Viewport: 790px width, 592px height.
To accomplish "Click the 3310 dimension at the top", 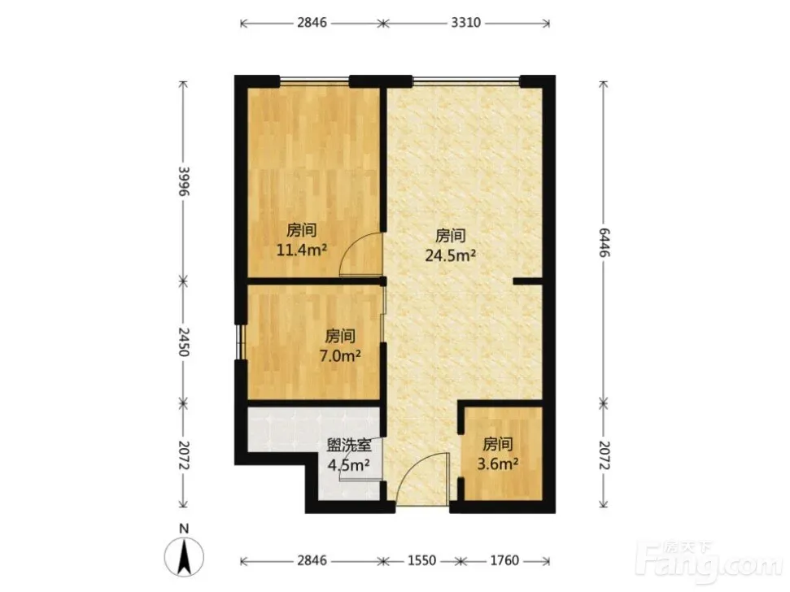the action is point(465,23).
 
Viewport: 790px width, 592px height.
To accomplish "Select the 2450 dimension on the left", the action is point(185,342).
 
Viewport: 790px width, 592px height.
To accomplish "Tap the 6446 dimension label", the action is point(604,242).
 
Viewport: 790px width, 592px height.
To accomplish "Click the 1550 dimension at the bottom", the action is point(421,560).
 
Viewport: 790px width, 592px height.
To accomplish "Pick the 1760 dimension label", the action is point(504,560).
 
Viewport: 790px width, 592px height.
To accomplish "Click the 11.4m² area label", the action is point(302,250).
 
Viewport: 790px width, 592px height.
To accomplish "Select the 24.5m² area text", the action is point(451,255).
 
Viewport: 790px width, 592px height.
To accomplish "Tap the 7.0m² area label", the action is point(340,356).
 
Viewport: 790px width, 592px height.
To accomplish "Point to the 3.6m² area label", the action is point(498,464).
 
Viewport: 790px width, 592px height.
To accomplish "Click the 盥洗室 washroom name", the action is point(349,445).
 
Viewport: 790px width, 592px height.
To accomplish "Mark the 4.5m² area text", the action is point(349,464).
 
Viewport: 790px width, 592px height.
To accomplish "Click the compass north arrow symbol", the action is point(185,556).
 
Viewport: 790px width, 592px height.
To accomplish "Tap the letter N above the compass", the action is point(185,529).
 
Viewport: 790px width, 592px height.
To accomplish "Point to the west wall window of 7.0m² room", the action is point(241,342).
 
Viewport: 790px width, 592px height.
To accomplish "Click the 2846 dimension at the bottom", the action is point(312,560).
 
